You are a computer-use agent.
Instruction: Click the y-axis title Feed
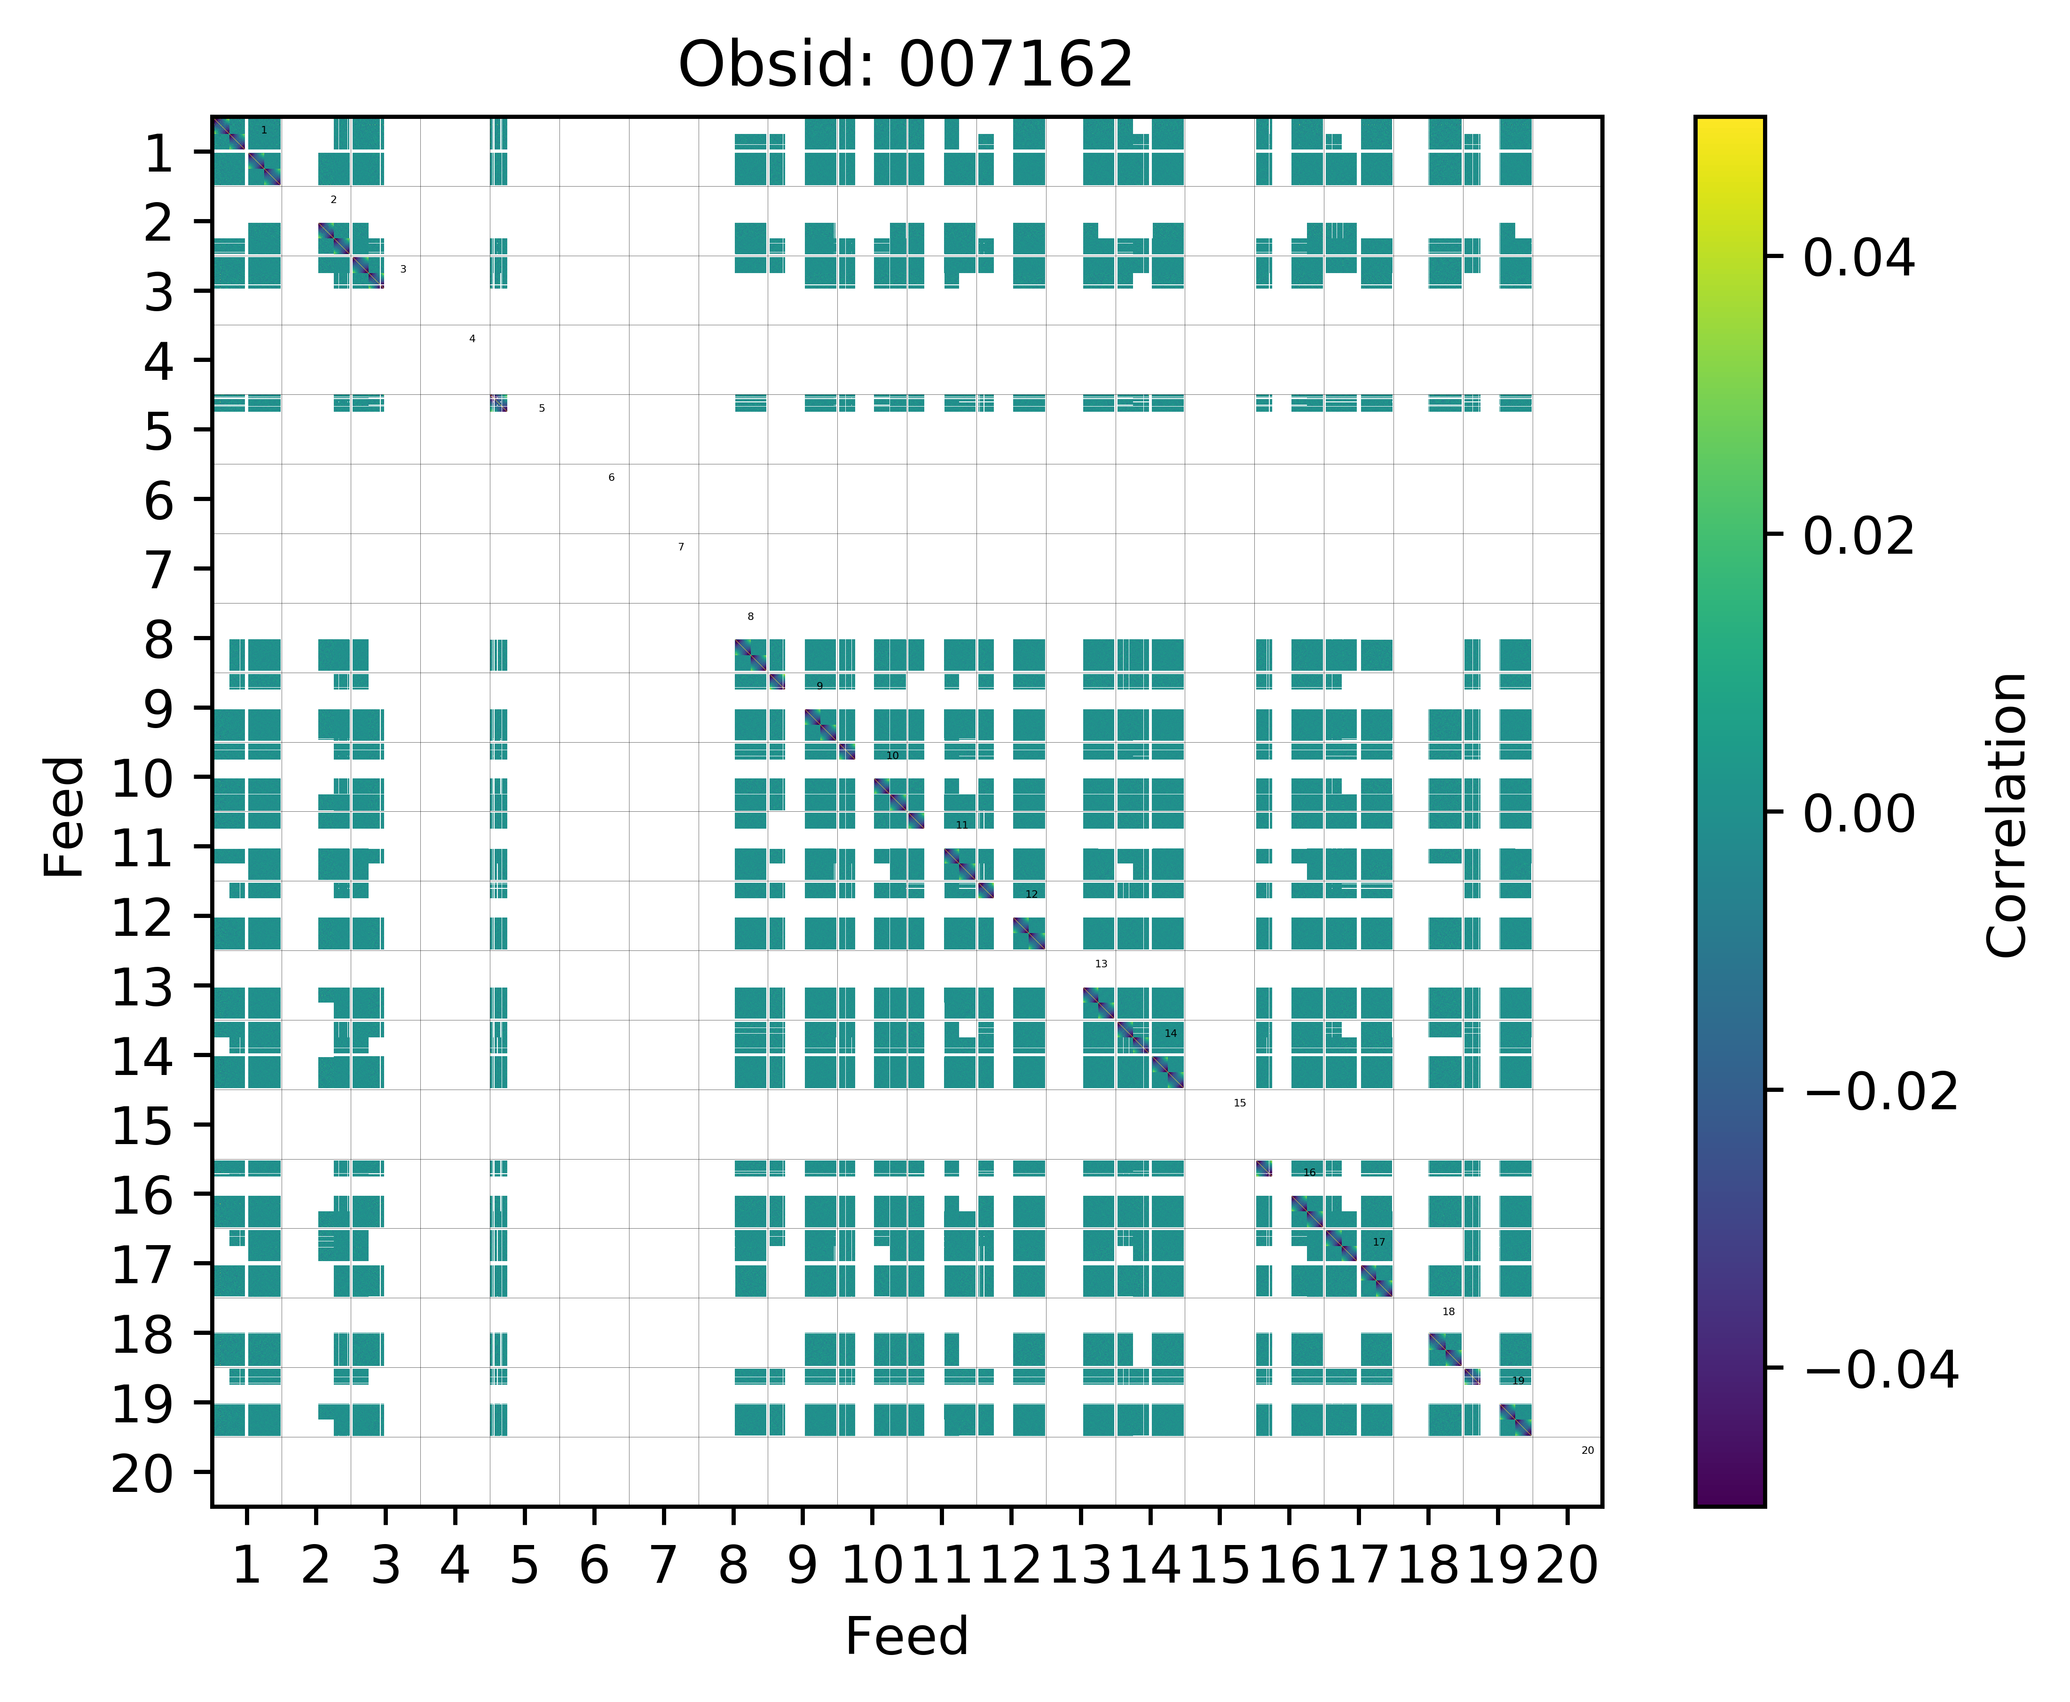click(x=65, y=816)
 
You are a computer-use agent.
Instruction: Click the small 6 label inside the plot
click(x=611, y=478)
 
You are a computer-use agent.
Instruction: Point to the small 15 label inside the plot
click(x=1239, y=1103)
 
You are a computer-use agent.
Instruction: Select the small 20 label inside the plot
click(x=1588, y=1450)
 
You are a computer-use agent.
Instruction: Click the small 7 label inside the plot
click(x=681, y=547)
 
